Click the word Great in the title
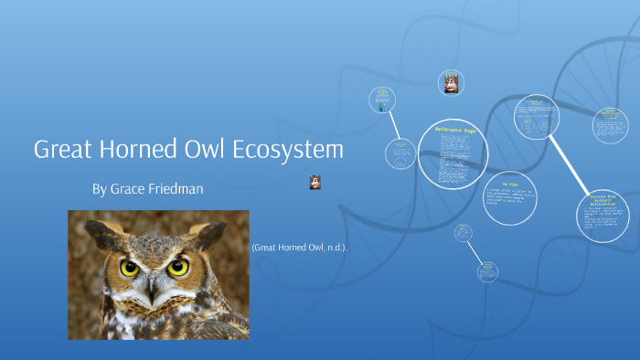coord(63,150)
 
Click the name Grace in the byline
coord(129,189)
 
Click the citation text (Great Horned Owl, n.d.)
coord(299,248)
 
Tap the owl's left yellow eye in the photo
coord(130,268)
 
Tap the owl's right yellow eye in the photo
coord(179,267)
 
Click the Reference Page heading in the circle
coord(453,131)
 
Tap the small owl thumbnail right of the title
coord(315,182)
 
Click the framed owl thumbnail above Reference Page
coord(451,83)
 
